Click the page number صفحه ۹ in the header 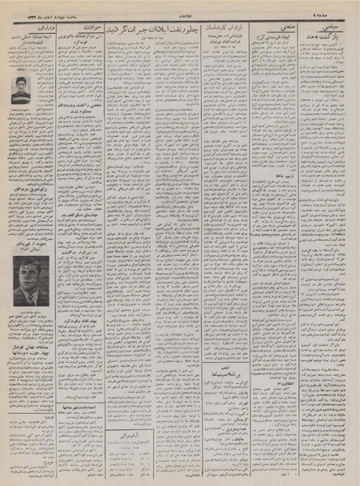(336, 6)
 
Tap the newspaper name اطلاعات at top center (180, 6)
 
